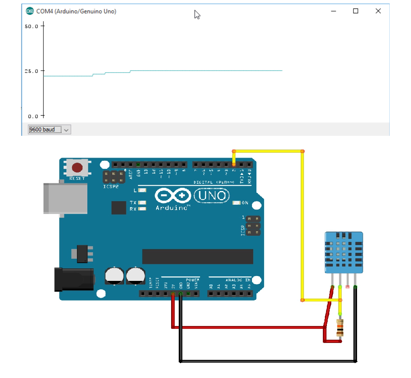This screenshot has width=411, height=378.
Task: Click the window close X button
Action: click(378, 11)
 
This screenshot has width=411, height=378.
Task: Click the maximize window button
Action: click(355, 11)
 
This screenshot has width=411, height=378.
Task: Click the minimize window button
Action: click(333, 11)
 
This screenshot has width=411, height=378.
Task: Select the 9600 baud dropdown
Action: click(49, 129)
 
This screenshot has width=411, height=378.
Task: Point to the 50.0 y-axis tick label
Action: click(31, 26)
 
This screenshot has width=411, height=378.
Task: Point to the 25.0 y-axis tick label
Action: click(31, 71)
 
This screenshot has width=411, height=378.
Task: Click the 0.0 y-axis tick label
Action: click(33, 116)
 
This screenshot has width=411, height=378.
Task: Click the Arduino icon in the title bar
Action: click(30, 11)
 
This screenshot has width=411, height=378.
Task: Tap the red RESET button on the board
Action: click(77, 167)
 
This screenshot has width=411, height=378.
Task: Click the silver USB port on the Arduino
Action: click(65, 198)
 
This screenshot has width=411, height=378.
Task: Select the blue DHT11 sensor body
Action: click(344, 252)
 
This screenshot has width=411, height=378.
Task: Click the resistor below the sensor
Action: click(340, 327)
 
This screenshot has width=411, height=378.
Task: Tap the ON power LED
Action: click(237, 203)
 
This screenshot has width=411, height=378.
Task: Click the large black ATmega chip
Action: click(197, 256)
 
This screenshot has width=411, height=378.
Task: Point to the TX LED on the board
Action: click(142, 202)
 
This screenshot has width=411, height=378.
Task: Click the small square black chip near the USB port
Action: click(119, 208)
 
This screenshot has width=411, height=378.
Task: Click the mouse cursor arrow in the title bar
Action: click(197, 15)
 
